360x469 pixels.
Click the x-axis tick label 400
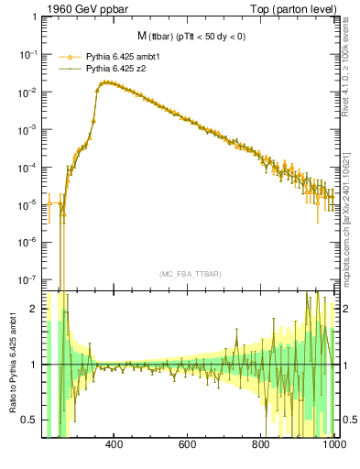[115, 446]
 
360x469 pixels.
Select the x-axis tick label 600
[188, 446]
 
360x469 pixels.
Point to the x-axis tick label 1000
[333, 446]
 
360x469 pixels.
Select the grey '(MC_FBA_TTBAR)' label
[189, 274]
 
